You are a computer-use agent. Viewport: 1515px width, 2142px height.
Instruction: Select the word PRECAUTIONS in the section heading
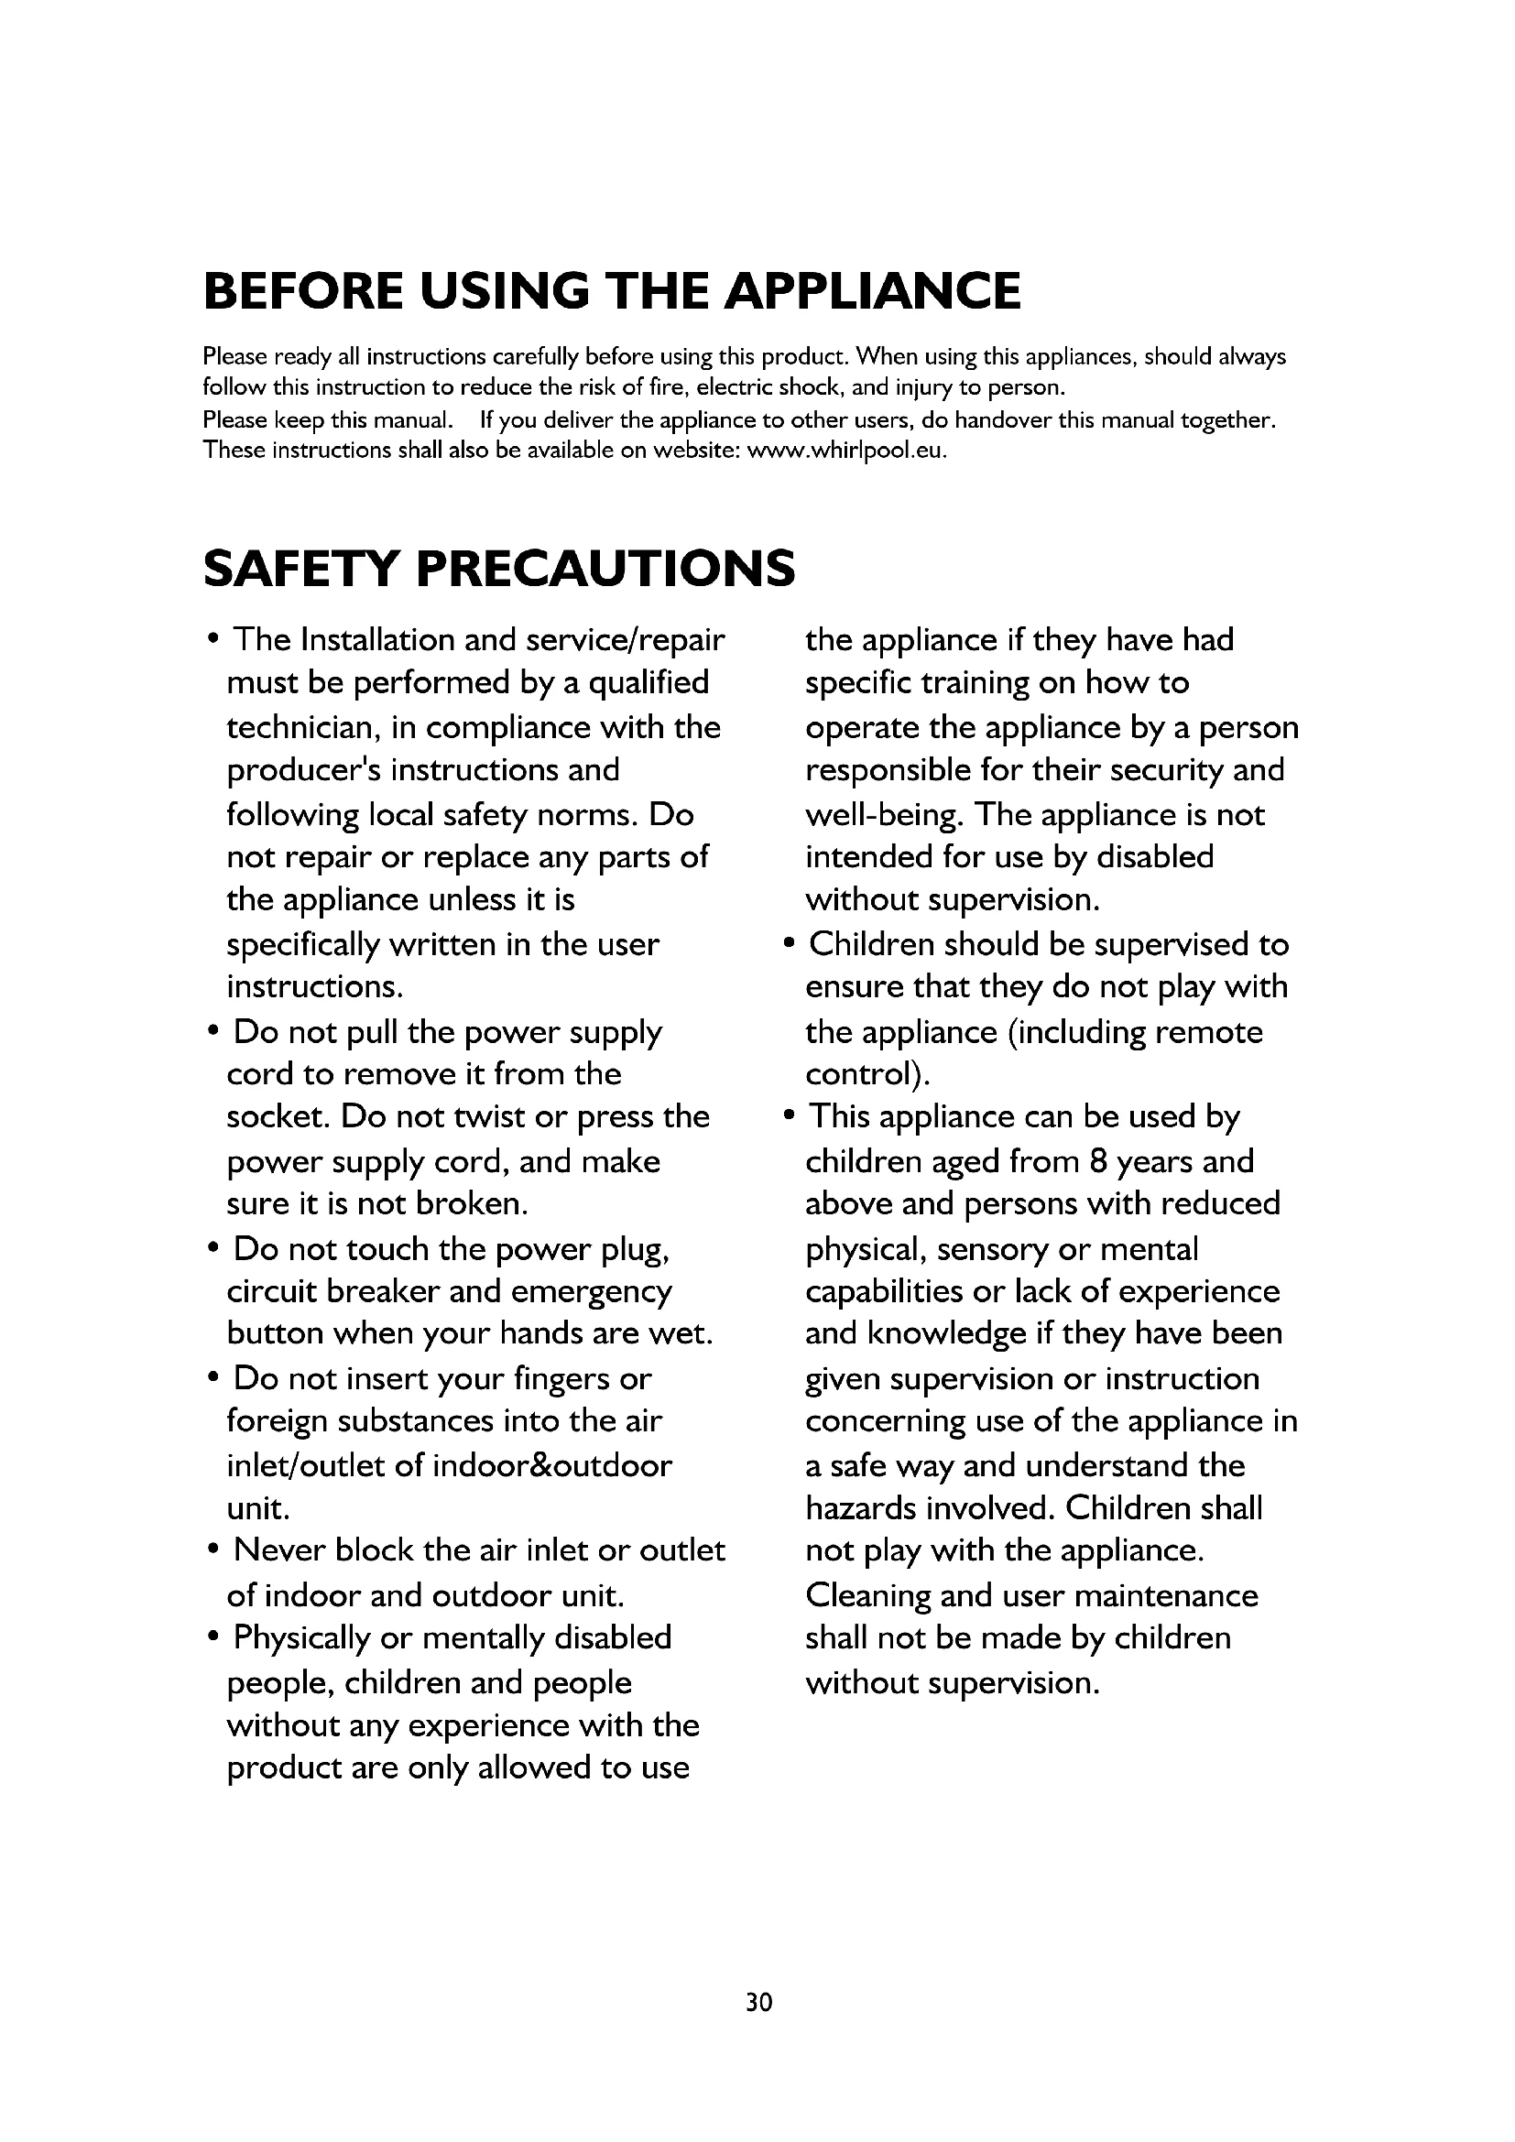click(605, 568)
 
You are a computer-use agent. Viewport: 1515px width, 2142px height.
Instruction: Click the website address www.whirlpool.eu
click(846, 451)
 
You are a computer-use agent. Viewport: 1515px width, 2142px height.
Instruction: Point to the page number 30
click(758, 2002)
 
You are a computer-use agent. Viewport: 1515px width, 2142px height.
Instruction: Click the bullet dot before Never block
click(214, 1550)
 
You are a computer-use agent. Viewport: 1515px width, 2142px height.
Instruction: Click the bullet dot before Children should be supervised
click(790, 943)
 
